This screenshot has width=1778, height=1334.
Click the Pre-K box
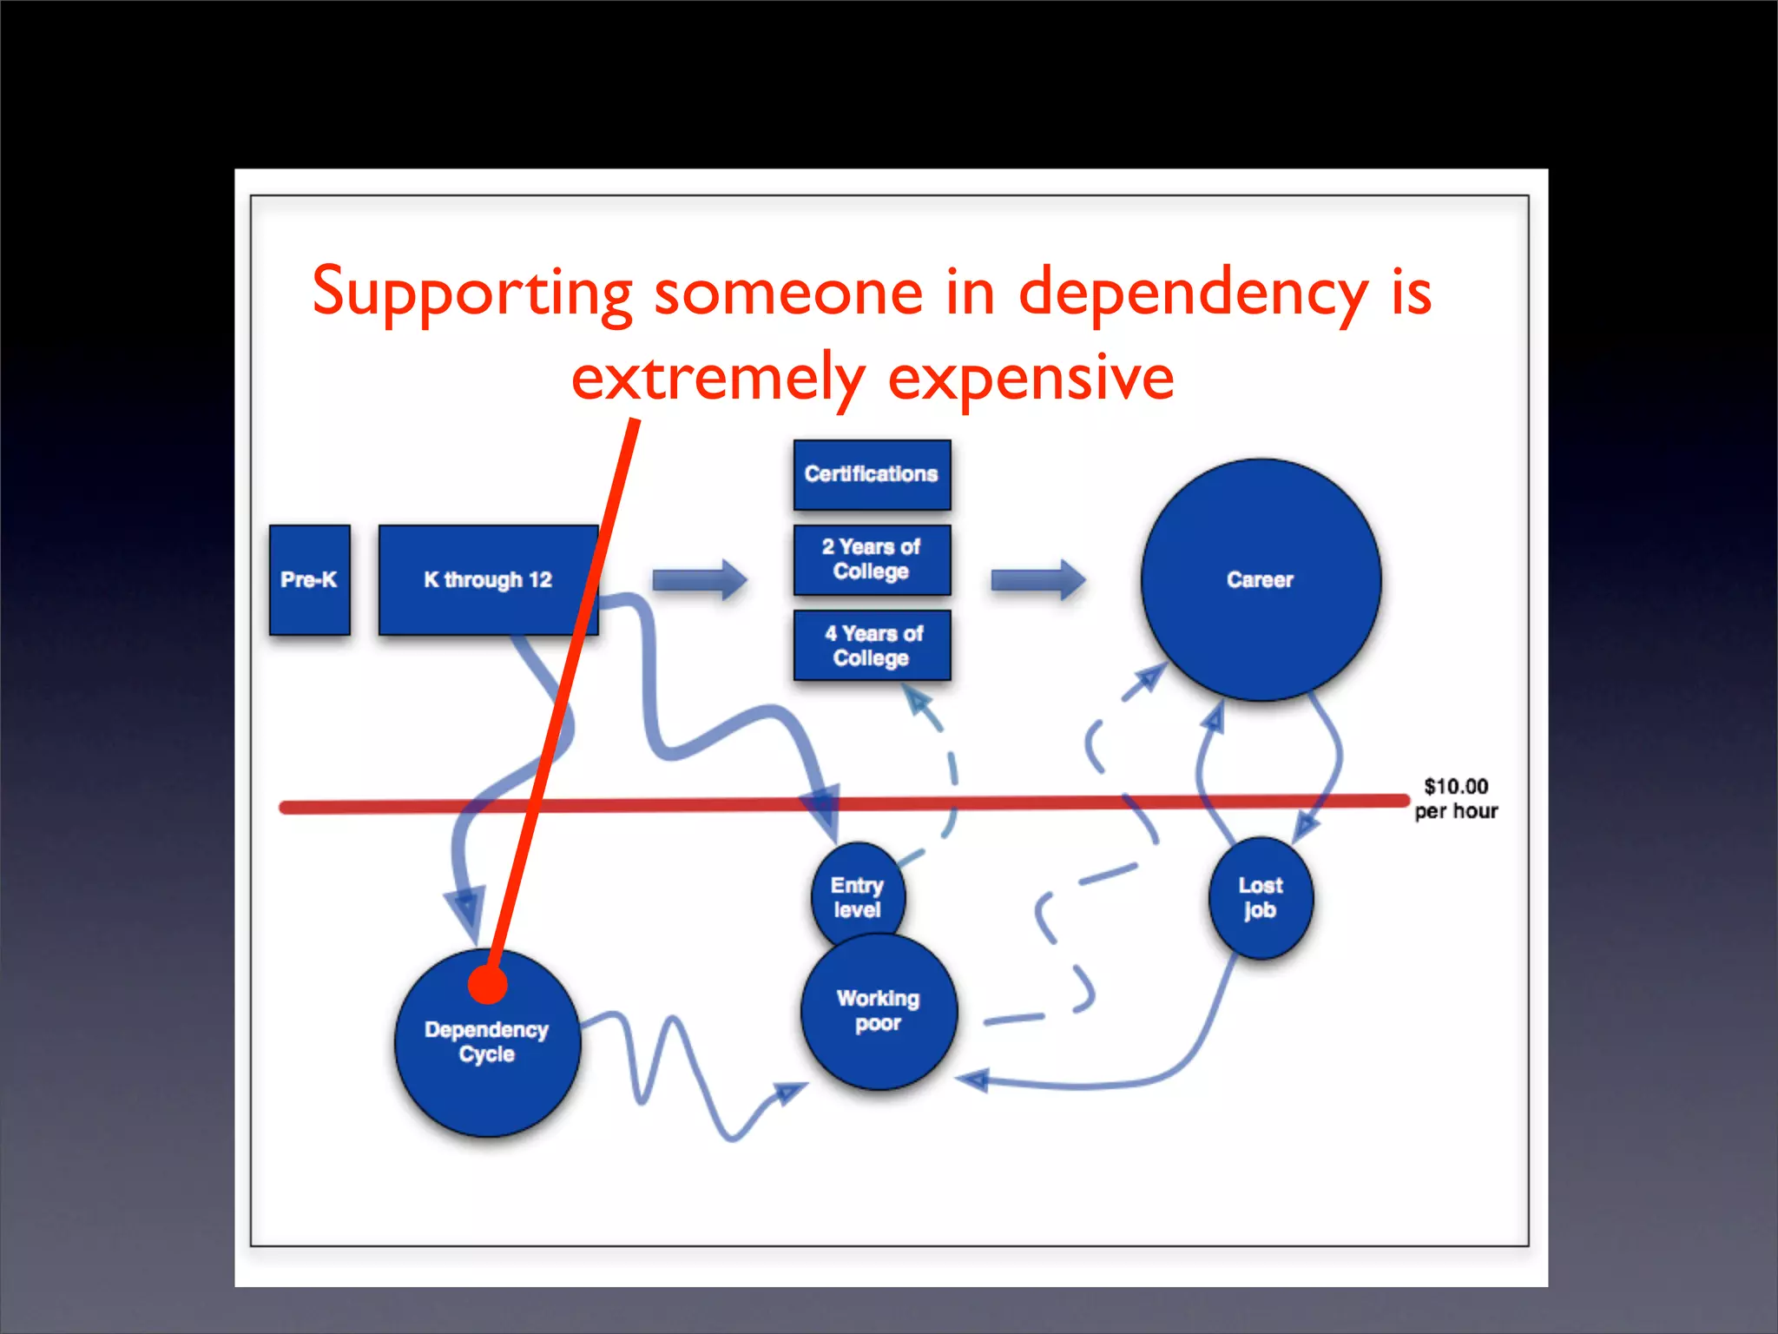[x=309, y=579]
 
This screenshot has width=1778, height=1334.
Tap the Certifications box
[x=872, y=474]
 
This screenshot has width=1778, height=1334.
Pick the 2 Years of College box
[x=872, y=559]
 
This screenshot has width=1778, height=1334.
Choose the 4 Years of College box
[x=872, y=645]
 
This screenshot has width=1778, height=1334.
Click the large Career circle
[x=1260, y=579]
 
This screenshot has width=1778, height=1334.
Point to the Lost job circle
[x=1261, y=898]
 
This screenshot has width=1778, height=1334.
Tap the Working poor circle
[x=879, y=1012]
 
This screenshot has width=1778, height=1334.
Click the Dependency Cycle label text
[x=486, y=1041]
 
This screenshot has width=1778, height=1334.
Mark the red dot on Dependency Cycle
[x=487, y=985]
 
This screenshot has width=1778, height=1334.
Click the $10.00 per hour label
[x=1456, y=798]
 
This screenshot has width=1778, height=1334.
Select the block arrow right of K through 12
[x=700, y=580]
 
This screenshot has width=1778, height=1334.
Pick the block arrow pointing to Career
[x=1038, y=580]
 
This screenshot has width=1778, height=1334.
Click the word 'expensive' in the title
[x=1031, y=378]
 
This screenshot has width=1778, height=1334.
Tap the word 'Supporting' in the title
[x=472, y=293]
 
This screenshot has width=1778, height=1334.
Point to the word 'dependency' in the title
[x=1193, y=293]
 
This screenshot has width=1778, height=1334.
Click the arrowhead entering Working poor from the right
[x=974, y=1080]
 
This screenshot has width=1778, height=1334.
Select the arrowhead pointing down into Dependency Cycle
[x=466, y=912]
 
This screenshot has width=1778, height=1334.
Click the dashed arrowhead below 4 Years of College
[x=919, y=700]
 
